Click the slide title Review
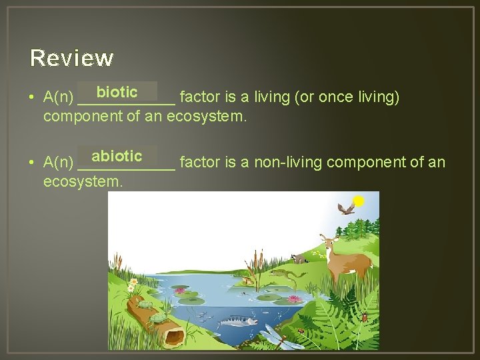click(72, 59)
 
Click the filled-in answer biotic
click(117, 92)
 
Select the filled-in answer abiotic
click(117, 157)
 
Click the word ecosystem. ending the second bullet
click(83, 181)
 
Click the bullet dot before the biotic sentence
click(32, 98)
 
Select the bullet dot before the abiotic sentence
click(32, 163)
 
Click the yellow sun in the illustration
click(359, 201)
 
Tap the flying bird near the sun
click(345, 209)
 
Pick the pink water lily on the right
click(293, 300)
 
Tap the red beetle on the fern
click(364, 317)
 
